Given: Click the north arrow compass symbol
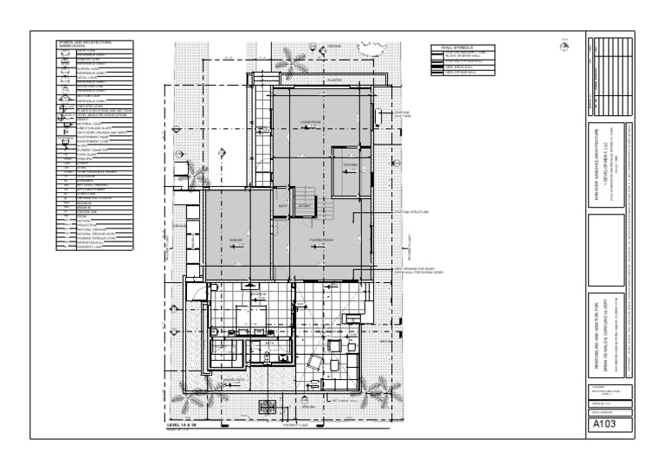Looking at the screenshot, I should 564,47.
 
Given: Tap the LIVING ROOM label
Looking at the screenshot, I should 311,122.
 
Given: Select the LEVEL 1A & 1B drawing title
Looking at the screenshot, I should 186,427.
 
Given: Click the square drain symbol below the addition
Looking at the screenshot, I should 269,406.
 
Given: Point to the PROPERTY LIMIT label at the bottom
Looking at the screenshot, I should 297,425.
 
